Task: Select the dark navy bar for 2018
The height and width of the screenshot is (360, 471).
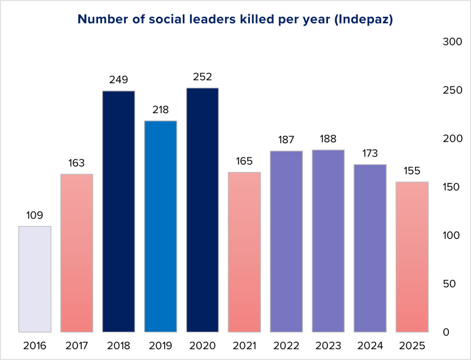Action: [x=119, y=211]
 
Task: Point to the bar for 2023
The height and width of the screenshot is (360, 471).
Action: [x=329, y=241]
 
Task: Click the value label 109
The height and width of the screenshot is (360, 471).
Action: [x=35, y=215]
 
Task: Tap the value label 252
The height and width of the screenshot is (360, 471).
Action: [x=202, y=77]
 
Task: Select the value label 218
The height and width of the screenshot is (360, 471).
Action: [x=161, y=110]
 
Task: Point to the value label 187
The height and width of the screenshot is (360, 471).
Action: [x=286, y=140]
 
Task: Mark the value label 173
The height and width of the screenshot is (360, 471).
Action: [x=370, y=154]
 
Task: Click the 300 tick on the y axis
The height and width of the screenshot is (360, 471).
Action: [x=453, y=42]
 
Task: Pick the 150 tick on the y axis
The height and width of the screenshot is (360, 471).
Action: [x=453, y=187]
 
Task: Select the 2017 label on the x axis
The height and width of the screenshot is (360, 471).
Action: [x=76, y=346]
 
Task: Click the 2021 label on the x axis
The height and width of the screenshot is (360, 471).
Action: [x=244, y=346]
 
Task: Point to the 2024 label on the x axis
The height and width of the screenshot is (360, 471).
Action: [x=370, y=346]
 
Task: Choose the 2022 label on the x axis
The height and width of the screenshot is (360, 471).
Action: [x=286, y=346]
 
